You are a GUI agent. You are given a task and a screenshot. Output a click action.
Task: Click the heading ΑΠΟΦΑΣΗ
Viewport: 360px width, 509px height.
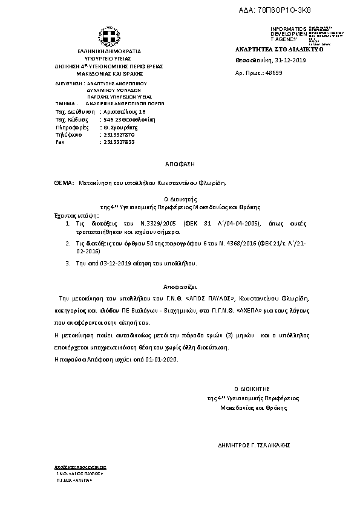click(x=180, y=164)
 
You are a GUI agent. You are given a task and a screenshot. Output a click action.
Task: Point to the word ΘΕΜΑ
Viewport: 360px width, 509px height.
click(x=63, y=182)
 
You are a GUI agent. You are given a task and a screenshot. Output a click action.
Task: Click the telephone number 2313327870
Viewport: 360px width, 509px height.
click(x=119, y=134)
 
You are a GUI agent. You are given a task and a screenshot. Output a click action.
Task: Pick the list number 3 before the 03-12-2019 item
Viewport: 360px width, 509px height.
click(x=67, y=264)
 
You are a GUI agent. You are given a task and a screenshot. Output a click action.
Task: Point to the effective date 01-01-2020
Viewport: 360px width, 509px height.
click(x=162, y=359)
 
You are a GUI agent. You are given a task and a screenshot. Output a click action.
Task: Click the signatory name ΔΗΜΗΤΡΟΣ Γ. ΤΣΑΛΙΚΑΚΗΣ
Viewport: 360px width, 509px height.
click(x=254, y=444)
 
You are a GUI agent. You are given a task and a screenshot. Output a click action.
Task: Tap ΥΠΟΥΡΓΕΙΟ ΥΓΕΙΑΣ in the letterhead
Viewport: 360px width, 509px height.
click(x=108, y=59)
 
